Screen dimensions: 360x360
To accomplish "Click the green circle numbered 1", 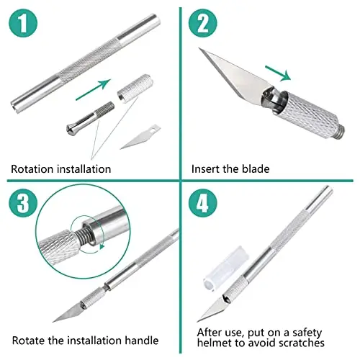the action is pos(23,23).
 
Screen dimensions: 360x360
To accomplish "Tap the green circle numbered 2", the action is pos(203,23).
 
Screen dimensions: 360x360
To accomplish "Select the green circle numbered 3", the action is pos(23,203).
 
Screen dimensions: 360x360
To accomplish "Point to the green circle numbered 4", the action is pos(203,203).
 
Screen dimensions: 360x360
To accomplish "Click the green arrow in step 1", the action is pos(93,89).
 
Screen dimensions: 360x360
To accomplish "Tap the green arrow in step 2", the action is pos(278,73).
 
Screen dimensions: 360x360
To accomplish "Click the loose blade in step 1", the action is pos(140,137).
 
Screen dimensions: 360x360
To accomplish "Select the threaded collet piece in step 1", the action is pos(90,118).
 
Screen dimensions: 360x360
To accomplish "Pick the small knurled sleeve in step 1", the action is pos(135,89).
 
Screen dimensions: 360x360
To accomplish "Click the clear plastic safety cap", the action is pos(226,269).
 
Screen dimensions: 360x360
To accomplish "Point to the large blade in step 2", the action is pos(235,76).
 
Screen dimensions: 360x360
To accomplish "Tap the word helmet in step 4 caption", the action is pos(214,343).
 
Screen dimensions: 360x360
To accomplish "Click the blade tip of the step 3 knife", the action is pos(53,321).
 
